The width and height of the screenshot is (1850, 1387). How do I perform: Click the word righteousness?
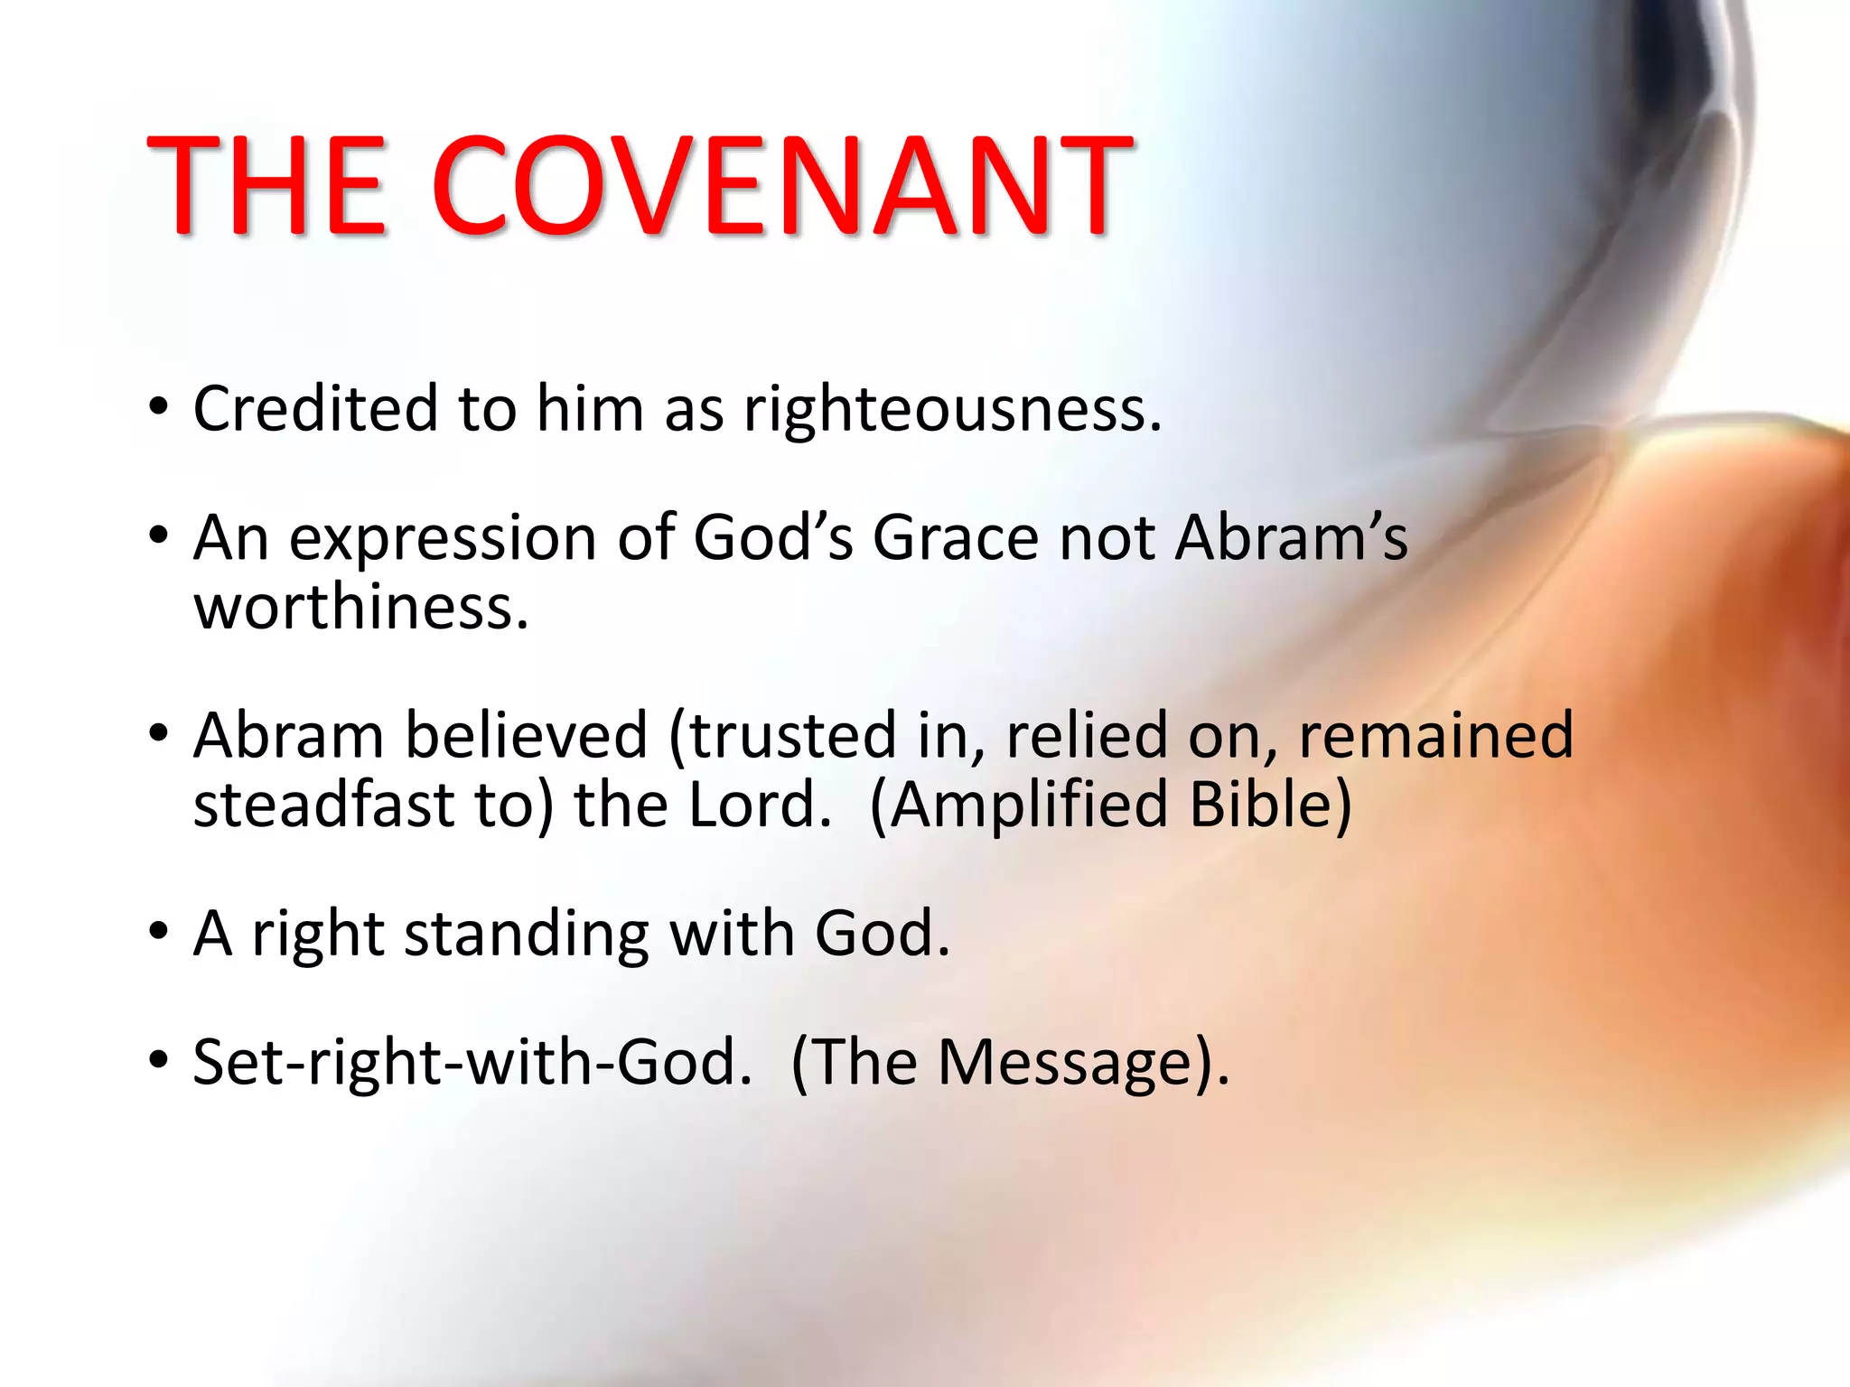[951, 411]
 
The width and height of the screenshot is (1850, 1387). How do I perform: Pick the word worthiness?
[360, 607]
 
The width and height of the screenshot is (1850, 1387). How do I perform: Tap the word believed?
[527, 734]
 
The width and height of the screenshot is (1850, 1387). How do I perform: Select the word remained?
[1436, 734]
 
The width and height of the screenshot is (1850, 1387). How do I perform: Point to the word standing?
[526, 936]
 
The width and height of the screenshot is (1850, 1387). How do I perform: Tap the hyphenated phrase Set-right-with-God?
[472, 1062]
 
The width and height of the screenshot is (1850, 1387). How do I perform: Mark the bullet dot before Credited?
[159, 408]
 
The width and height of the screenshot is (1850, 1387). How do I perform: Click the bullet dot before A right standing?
[159, 932]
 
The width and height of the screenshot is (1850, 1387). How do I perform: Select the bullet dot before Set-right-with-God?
[159, 1060]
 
